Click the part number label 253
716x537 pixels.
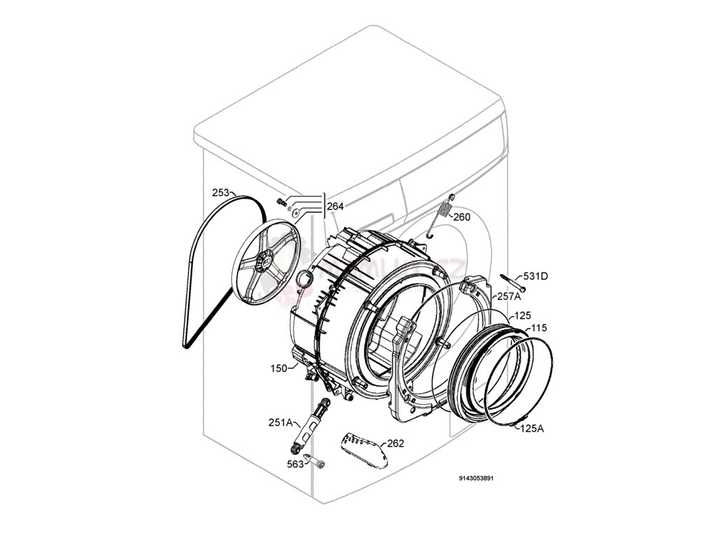(221, 192)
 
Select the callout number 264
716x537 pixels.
(336, 206)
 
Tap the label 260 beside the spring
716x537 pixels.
(461, 217)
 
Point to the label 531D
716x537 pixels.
(536, 276)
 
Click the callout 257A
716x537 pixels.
(508, 296)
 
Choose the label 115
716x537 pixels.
(538, 328)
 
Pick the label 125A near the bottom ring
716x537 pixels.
(531, 429)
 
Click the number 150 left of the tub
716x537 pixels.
(279, 368)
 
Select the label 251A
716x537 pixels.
(280, 422)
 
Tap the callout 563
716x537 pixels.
(295, 464)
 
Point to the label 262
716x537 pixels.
(396, 443)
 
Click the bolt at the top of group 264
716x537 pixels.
(282, 202)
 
